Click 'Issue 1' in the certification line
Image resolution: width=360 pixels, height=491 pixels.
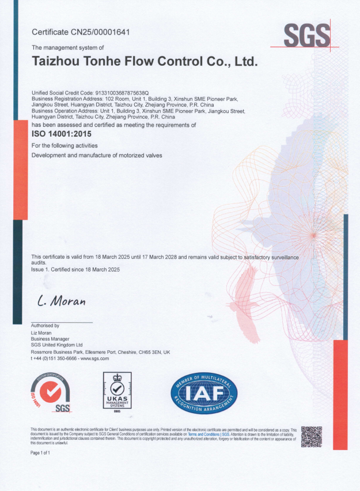point(41,269)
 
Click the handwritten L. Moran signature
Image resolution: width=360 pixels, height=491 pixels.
point(61,301)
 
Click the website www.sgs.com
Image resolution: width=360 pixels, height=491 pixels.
point(95,358)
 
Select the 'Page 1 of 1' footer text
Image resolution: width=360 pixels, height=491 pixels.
point(40,453)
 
